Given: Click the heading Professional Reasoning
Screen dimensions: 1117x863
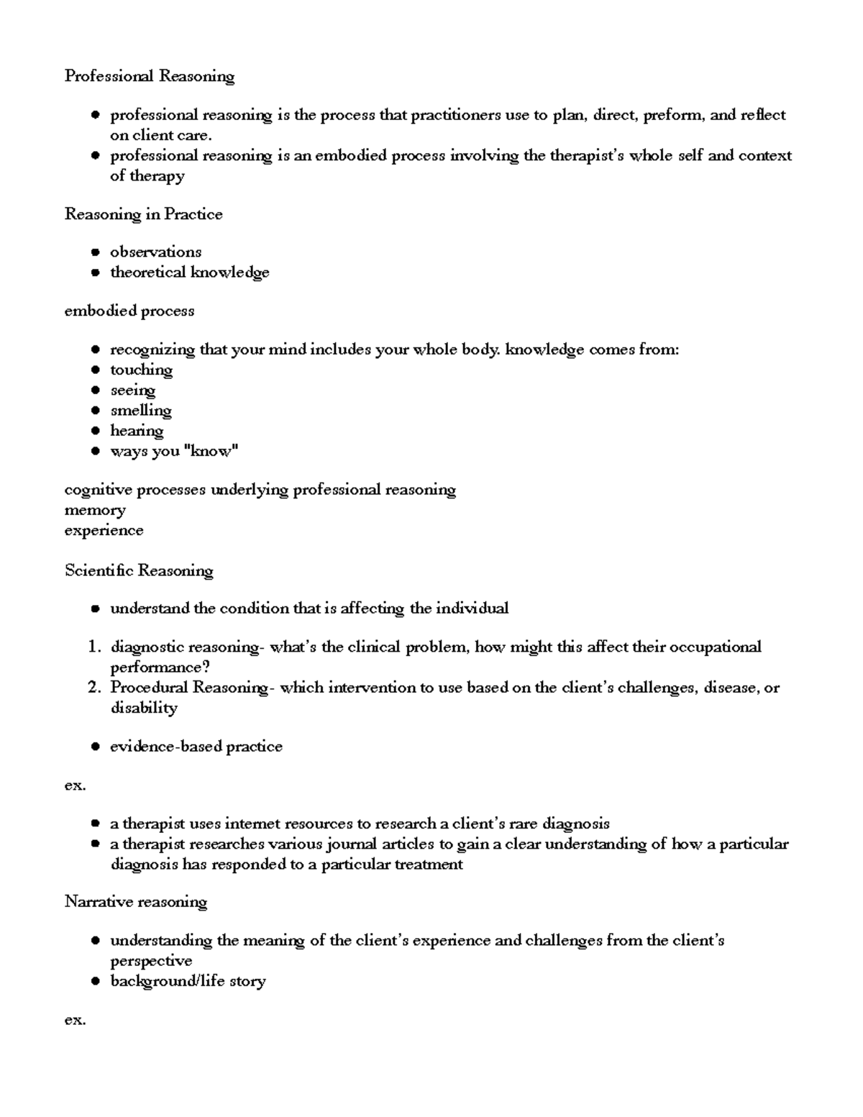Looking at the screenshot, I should coord(150,76).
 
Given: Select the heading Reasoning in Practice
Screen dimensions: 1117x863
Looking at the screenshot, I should coord(143,214).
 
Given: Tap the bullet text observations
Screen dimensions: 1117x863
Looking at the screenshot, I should coord(155,252).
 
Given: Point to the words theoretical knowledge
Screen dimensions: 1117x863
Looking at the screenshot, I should coord(189,273).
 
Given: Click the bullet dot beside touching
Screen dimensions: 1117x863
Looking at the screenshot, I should coord(95,370).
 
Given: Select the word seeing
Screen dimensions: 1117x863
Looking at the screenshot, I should coord(132,391).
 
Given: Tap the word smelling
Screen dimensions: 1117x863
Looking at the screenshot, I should coord(140,411).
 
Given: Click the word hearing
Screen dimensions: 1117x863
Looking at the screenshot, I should coord(137,431).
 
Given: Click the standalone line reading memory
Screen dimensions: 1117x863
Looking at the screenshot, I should coord(95,511).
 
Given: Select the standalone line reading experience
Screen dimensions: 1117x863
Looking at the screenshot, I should coord(104,531).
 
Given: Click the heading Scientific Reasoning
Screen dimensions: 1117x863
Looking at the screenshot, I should coord(139,571).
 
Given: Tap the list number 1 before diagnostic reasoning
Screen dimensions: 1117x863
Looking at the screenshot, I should coord(93,647).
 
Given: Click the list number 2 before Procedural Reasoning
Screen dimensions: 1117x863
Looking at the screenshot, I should coord(93,688).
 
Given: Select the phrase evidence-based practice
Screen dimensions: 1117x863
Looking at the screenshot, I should coord(196,747).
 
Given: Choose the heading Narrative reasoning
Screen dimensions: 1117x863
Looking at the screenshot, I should coord(136,902).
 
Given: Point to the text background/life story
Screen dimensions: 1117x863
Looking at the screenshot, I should coord(188,981).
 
